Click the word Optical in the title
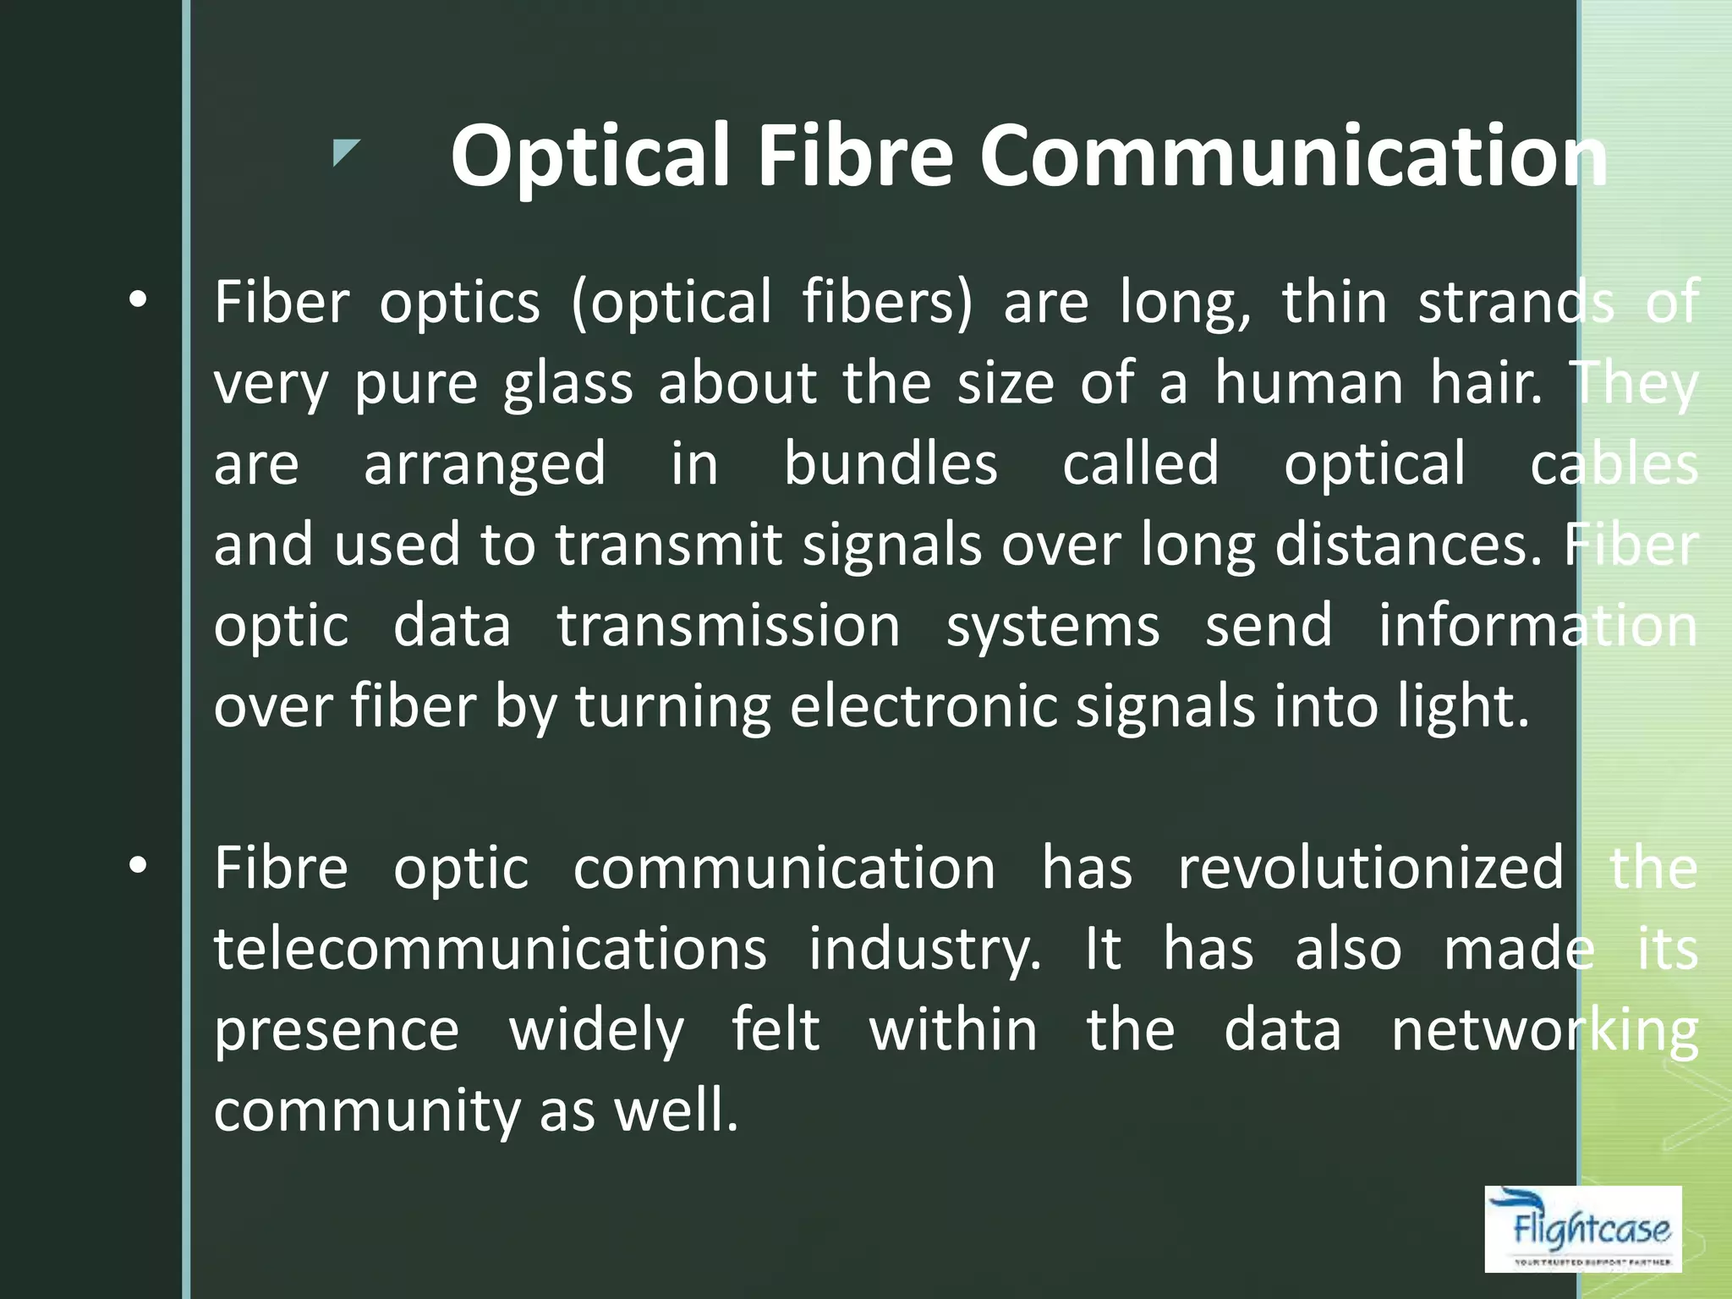click(589, 157)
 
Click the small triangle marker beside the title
click(345, 152)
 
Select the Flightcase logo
click(1582, 1228)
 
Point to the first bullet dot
click(138, 299)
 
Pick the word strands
click(1516, 302)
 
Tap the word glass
click(567, 384)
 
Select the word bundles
click(891, 463)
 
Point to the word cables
click(1614, 463)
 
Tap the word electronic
click(923, 705)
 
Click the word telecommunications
click(491, 948)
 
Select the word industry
click(924, 950)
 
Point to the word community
click(366, 1111)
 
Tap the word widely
click(596, 1030)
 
